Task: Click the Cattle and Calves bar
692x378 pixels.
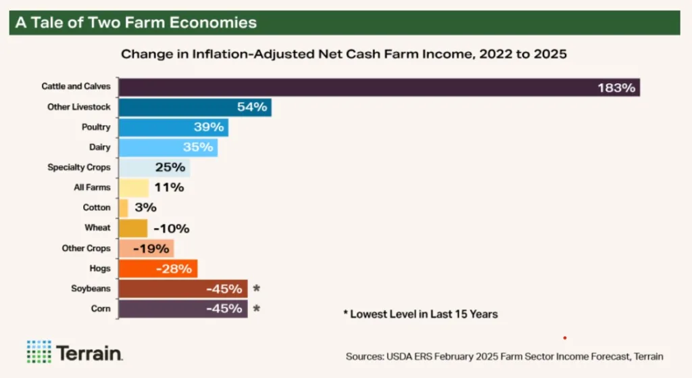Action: coord(351,87)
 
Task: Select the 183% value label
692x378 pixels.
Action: coord(616,87)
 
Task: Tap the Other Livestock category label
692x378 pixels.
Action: coord(78,107)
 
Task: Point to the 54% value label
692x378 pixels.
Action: coord(252,107)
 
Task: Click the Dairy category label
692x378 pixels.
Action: coord(99,147)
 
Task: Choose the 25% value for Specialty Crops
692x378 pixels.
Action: coord(170,167)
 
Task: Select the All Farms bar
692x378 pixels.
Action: coord(133,187)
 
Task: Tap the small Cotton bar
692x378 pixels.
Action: coord(123,208)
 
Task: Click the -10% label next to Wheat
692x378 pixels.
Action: coord(172,228)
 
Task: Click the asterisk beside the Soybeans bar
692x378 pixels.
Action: coord(256,289)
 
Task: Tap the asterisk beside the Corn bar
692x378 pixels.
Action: coord(256,309)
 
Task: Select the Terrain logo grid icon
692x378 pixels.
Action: coord(39,352)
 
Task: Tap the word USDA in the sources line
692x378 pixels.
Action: coord(400,356)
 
